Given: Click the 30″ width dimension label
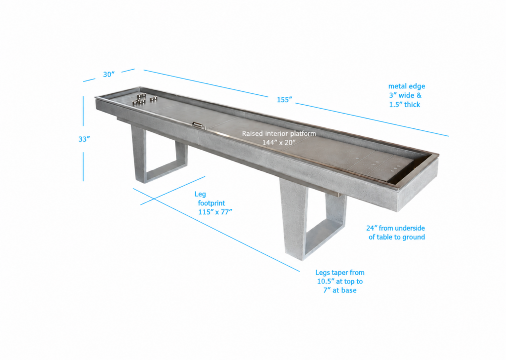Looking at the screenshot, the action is tap(109, 75).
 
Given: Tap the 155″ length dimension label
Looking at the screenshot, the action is tap(284, 100).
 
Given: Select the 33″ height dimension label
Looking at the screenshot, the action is tap(84, 139).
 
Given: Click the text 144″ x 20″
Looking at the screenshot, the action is tap(279, 142).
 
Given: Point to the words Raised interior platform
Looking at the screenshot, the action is tap(279, 133).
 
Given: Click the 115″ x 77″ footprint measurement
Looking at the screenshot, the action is tap(215, 212).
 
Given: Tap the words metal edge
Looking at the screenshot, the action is tap(407, 86).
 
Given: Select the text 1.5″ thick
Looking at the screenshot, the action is tap(405, 105).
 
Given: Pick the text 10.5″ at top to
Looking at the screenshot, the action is tap(340, 281).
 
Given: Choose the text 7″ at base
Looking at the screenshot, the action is tap(340, 290).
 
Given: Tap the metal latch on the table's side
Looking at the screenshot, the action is tap(199, 125).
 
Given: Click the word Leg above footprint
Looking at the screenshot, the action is tap(200, 194).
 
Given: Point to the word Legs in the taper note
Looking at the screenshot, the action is tap(323, 273).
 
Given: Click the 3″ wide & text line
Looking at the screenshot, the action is tap(405, 95).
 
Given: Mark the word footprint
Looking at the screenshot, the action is tap(211, 203).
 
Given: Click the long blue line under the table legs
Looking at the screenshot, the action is tap(216, 230).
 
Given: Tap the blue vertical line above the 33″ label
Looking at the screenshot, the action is tap(83, 111).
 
